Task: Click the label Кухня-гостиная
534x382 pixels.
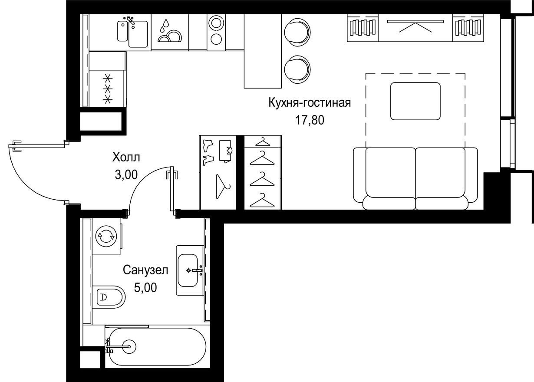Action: [309, 103]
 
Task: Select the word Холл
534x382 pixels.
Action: [126, 157]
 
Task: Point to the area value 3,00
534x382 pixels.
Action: [126, 175]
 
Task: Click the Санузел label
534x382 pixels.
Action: [145, 270]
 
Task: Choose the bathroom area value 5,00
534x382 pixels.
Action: [145, 287]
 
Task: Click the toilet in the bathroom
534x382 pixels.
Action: [109, 298]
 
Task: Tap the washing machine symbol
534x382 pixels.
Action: [106, 237]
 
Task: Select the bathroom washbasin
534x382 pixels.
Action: [190, 270]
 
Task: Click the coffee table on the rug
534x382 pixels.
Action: [415, 101]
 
